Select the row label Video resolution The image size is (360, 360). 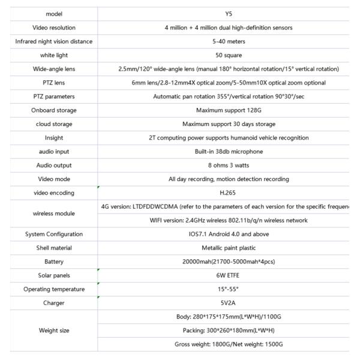point(54,28)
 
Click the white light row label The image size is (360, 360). point(54,55)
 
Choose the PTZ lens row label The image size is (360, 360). point(54,82)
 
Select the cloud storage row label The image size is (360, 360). point(54,124)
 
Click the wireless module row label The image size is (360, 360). point(54,213)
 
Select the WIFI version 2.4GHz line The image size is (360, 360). point(229,220)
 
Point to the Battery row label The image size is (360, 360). point(54,262)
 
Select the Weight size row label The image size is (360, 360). point(54,330)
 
